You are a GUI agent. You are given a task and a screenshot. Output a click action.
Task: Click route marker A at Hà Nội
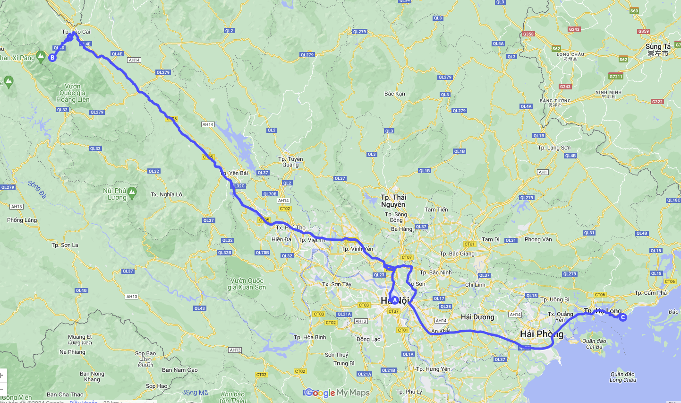coord(395,300)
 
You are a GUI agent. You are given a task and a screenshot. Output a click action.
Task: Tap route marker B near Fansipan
coord(52,58)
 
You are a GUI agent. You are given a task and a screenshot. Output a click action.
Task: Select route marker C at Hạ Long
coord(623,317)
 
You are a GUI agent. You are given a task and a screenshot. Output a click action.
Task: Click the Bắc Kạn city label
coord(394,94)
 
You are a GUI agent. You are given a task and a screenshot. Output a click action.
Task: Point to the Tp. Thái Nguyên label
coord(393,201)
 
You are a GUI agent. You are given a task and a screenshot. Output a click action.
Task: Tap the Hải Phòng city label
coord(542,334)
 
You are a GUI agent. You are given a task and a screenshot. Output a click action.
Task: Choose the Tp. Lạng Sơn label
coord(554,148)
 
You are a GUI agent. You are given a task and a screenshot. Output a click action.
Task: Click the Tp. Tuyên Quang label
coord(290,162)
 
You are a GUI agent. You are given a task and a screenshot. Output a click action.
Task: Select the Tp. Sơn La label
coord(65,245)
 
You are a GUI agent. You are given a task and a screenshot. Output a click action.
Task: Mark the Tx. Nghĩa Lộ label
coord(166,194)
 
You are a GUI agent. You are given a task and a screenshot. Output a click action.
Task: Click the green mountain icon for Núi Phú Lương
coord(132,192)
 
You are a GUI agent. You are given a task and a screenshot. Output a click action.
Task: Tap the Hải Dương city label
coord(477,317)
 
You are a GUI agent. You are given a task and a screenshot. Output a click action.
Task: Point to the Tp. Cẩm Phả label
coord(650,293)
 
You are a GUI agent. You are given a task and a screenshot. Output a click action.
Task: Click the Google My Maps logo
coord(337,393)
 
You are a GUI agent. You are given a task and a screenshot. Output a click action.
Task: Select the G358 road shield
coord(528,34)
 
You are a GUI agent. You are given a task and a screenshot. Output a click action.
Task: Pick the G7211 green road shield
coord(616,76)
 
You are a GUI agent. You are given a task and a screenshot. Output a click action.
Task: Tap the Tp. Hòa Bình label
coord(310,337)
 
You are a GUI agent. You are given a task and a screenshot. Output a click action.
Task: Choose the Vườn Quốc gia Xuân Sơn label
coord(247,284)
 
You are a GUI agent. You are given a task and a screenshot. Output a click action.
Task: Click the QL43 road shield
coord(199,308)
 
